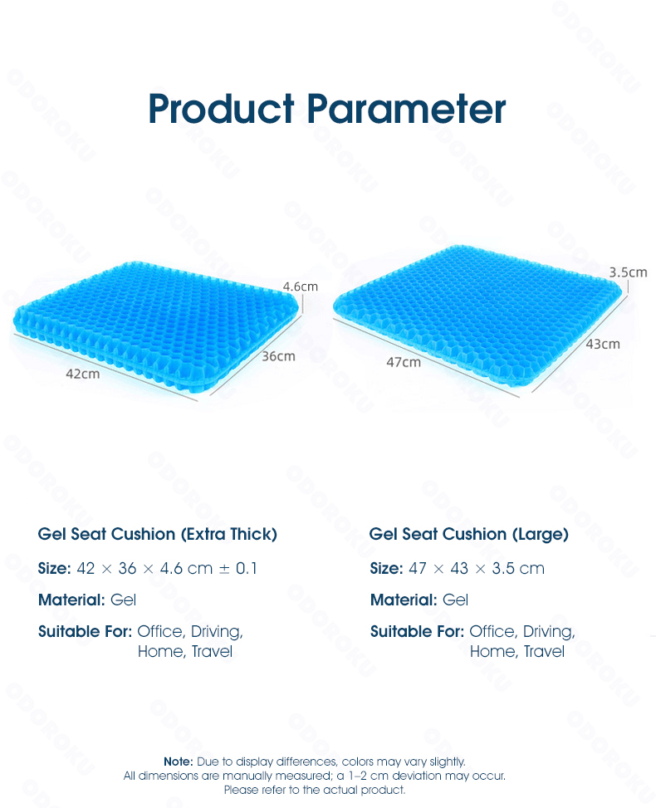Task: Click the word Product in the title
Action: coord(221,109)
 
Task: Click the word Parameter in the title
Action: coord(407,109)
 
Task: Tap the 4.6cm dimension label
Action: coord(301,286)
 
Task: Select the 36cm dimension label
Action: coord(278,356)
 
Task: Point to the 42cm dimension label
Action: coord(83,374)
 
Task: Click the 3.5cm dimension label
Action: coord(628,272)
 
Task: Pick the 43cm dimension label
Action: coord(603,344)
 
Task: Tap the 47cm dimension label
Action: coord(404,362)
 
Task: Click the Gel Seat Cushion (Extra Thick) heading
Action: coord(158,534)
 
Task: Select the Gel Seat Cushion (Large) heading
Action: coord(469,534)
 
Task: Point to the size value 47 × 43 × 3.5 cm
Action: coord(477,568)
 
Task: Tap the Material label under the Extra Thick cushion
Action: coord(71,600)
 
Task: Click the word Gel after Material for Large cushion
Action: coord(456,600)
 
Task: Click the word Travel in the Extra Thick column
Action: coord(212,651)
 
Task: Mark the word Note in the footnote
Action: coord(179,761)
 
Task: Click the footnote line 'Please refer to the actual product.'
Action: coord(315,790)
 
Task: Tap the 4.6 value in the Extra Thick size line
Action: coord(171,568)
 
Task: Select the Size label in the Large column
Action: coord(386,568)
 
